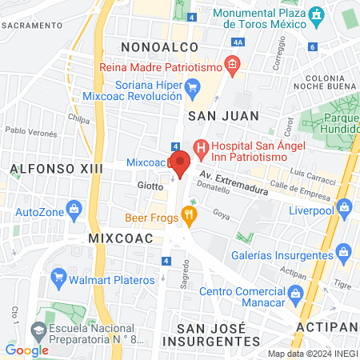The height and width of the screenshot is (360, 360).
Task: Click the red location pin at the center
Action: [x=181, y=162]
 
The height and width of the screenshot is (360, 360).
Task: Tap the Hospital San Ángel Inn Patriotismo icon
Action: [x=200, y=148]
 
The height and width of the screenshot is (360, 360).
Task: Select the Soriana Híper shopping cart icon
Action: [x=192, y=86]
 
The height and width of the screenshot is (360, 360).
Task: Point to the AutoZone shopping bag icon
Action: [x=74, y=210]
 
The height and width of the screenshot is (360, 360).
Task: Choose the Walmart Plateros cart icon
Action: [x=58, y=278]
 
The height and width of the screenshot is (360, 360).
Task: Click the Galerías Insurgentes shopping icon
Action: [x=345, y=254]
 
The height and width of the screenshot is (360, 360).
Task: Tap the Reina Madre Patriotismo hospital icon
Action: [x=232, y=65]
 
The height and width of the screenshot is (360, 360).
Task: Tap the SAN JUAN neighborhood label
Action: [x=223, y=115]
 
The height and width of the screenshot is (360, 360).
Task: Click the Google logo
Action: [x=27, y=350]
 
